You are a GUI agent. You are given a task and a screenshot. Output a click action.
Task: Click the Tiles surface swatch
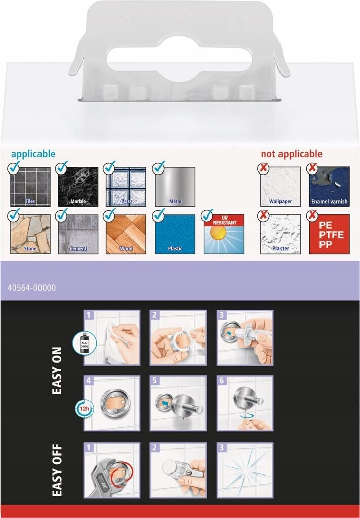[x=30, y=187]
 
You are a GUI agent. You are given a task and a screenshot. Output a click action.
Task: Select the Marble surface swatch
[x=78, y=187]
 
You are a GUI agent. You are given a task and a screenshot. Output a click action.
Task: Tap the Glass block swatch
[x=126, y=187]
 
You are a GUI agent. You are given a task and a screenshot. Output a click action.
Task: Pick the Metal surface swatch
[x=175, y=187]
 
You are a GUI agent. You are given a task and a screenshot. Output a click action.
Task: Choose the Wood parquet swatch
[x=126, y=234]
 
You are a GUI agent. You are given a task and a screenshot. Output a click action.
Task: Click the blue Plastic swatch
[x=175, y=234]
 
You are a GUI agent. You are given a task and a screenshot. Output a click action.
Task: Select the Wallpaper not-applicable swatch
[x=281, y=187]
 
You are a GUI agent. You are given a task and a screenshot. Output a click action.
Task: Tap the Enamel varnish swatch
[x=329, y=187]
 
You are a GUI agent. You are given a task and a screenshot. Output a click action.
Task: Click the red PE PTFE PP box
[x=329, y=234]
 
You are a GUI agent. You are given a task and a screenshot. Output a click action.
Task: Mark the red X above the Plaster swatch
[x=263, y=215]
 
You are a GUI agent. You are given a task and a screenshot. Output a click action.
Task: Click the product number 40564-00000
[x=32, y=288]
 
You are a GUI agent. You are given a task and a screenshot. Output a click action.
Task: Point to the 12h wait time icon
[x=84, y=409]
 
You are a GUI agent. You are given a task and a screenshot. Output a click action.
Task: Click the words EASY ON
[x=57, y=370]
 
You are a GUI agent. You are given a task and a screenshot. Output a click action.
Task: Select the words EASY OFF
[x=57, y=470]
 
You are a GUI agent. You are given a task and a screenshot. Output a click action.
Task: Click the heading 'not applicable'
[x=292, y=154]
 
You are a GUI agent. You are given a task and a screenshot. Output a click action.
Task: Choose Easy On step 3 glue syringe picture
[x=245, y=337]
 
